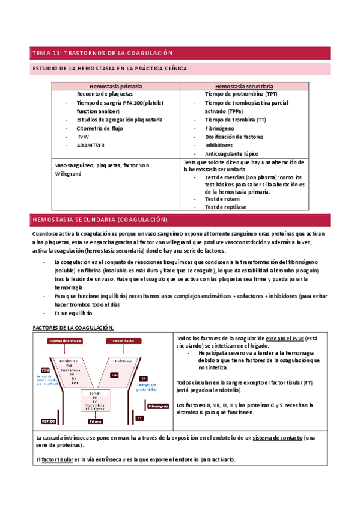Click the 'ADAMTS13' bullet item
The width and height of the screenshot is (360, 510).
coord(91,145)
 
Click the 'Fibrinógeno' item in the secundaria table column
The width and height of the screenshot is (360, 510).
coord(222,128)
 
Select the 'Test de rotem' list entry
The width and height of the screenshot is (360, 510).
coord(222,199)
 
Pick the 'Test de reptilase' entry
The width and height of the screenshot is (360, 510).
coord(225,206)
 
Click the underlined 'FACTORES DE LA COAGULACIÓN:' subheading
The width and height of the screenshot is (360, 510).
coord(72,327)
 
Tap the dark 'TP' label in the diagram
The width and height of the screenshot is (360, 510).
coord(144,379)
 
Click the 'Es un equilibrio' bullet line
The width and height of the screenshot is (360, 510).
coord(73,313)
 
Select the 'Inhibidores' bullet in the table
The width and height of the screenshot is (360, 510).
coord(221,145)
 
